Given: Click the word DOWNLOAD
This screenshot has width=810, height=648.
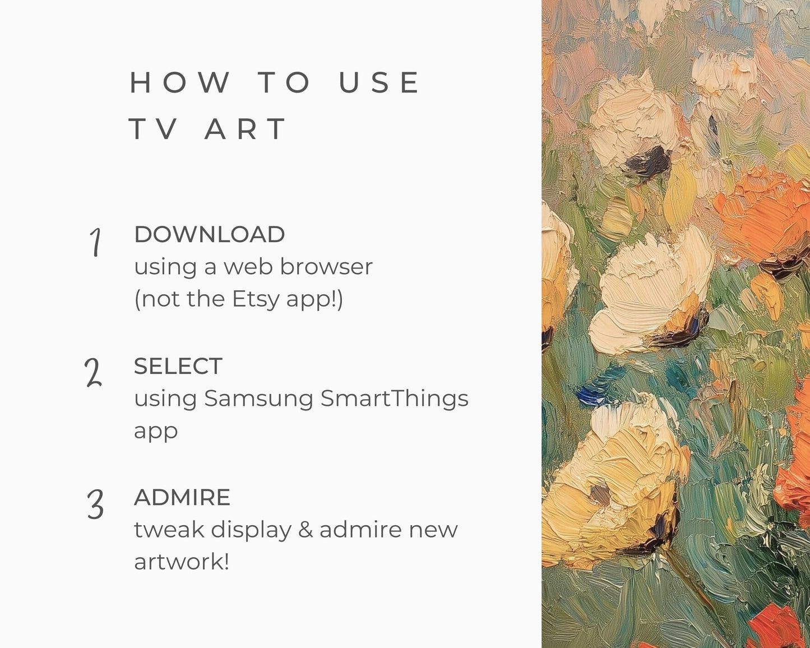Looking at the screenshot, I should [209, 235].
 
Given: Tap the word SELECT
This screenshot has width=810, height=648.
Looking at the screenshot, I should [178, 367].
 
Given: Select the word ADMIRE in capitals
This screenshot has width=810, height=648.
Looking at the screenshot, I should [182, 498].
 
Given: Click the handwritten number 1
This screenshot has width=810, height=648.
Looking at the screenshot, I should [96, 242].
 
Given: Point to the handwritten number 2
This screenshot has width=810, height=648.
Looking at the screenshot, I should [93, 373].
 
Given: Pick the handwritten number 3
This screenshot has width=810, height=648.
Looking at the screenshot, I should [95, 504].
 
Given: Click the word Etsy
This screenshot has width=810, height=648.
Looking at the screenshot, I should [255, 299].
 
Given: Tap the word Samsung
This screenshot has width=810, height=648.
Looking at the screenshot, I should [258, 399].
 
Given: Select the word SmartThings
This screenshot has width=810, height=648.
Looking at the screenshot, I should [394, 399].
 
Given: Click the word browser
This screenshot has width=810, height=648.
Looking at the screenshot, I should [326, 267].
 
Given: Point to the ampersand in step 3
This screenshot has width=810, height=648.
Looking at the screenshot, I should [306, 530].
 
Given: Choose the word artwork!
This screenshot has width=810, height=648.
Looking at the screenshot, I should [182, 562].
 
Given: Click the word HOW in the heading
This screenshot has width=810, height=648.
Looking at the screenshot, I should [180, 83].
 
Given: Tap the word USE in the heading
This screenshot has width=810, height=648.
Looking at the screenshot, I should [379, 83].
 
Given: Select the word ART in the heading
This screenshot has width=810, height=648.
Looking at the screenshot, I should [246, 129].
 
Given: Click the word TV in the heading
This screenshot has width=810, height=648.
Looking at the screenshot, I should [154, 129].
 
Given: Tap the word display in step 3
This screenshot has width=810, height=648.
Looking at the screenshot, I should [252, 530].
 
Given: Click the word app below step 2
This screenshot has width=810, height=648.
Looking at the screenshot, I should [156, 432].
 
